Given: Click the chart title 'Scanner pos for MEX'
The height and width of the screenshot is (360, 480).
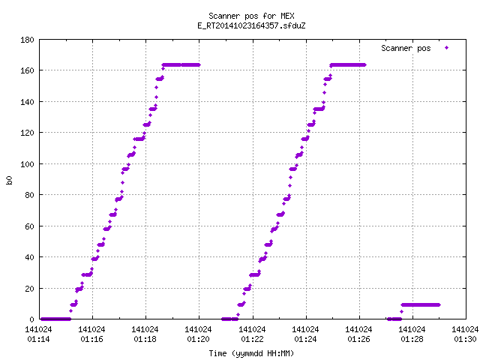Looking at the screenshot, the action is point(251,16).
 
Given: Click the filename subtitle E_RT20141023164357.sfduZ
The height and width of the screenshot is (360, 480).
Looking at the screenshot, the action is point(251,25).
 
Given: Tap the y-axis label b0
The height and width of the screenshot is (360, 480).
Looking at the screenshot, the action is point(9,180).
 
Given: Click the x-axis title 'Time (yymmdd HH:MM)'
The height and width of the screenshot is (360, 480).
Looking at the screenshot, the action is point(251,353).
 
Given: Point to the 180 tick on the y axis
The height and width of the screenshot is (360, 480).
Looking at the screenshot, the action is point(27,40).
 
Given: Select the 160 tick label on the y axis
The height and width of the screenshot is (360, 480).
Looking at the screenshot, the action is point(27,70).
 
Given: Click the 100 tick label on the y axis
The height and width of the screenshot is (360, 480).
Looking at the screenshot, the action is point(27,164).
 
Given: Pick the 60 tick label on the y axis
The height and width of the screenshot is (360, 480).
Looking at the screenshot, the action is point(29,226).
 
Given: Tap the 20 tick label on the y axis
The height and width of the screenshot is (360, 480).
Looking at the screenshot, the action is point(29,288).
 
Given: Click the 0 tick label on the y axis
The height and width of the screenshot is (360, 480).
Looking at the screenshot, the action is point(31,319).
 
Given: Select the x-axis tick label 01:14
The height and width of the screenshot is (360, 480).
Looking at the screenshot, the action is point(38,339).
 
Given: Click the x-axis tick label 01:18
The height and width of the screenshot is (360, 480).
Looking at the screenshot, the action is point(145,339).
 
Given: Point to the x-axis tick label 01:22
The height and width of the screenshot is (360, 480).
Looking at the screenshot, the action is point(252,339).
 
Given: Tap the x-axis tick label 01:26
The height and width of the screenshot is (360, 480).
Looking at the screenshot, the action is point(358,339).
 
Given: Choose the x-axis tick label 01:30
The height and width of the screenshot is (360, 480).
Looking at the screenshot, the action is point(465,339).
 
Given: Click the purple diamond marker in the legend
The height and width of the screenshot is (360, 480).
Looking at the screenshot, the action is point(447,47).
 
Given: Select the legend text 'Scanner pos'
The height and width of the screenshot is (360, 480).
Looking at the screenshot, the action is point(406,48).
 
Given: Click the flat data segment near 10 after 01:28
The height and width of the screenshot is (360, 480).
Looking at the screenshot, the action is point(421,304).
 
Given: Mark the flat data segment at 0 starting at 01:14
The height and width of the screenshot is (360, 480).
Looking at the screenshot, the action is point(55,319).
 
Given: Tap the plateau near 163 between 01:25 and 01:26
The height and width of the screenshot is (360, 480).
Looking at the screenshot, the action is point(348,65).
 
